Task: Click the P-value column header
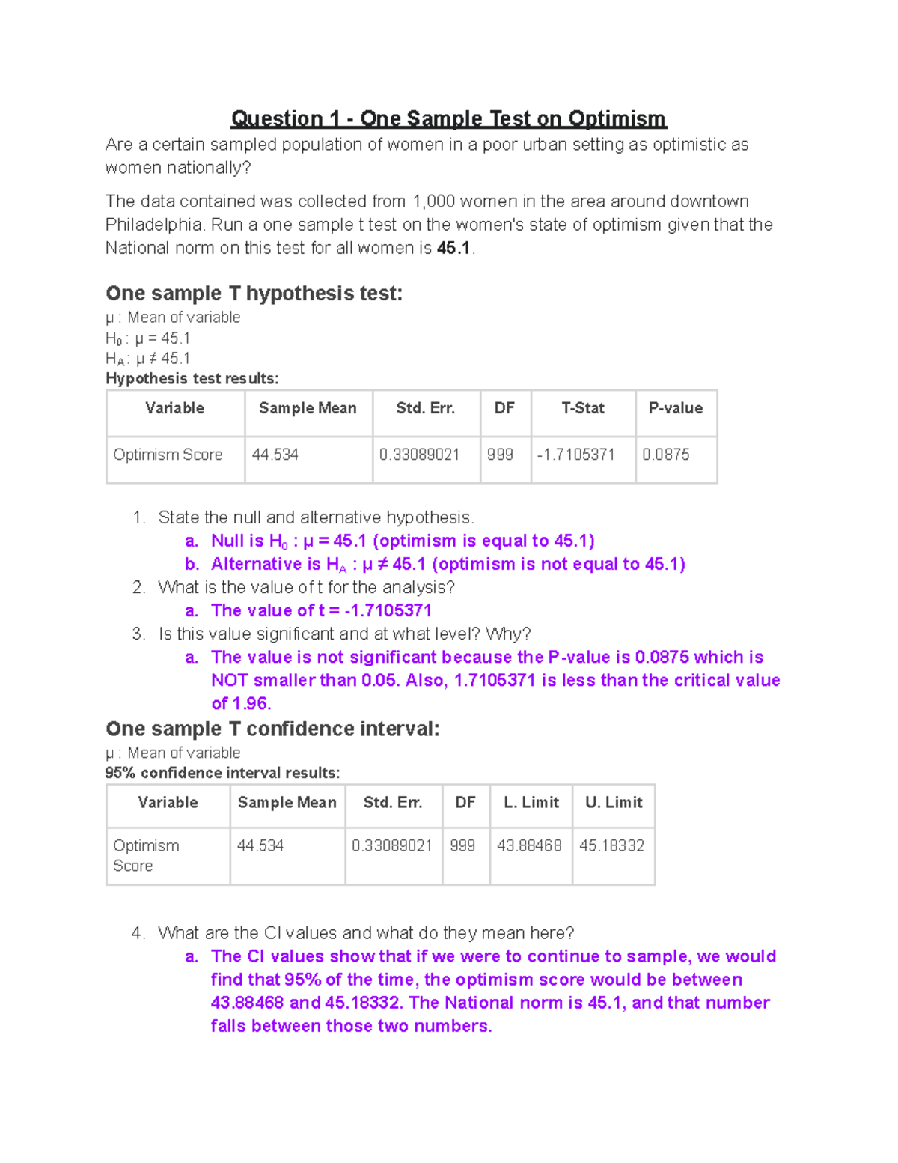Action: point(675,408)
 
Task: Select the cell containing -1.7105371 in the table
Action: point(575,455)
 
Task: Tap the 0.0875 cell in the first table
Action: point(666,455)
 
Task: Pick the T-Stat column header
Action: point(583,408)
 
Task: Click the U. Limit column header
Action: point(614,802)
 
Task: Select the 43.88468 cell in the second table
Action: point(529,845)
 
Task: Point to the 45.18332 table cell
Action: point(611,845)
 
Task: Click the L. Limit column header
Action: point(531,802)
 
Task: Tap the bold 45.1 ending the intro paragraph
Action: point(453,248)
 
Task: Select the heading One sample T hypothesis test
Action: point(254,293)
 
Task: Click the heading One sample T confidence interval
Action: point(272,729)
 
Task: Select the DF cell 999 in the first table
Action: point(500,455)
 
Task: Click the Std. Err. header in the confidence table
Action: point(393,802)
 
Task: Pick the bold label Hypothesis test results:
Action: point(192,378)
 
